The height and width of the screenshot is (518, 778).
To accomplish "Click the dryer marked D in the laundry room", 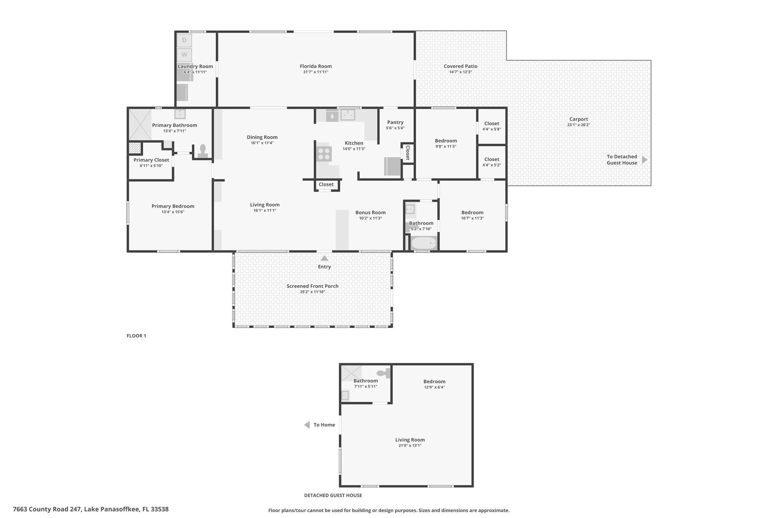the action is point(184,40).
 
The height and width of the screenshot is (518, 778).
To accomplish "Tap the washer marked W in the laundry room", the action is point(184,55).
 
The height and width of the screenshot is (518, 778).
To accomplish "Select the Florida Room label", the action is point(316,66).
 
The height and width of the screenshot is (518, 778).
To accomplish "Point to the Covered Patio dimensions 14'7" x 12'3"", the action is point(460,72).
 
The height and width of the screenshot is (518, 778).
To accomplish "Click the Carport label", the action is point(579,119).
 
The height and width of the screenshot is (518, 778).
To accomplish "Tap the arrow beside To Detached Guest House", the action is point(644,160).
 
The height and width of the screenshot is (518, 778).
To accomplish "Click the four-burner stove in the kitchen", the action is point(324,154).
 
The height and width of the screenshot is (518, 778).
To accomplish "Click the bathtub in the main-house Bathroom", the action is point(424,243).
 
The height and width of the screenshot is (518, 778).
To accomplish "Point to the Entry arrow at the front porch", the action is point(324,258).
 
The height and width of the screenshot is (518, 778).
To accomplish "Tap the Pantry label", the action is point(395,122).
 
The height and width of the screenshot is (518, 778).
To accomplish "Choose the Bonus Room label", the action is point(370,213).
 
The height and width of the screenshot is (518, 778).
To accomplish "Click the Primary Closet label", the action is point(151,160).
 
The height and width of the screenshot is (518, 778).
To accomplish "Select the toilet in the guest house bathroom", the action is point(384,373).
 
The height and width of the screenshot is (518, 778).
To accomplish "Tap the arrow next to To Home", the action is point(307,425).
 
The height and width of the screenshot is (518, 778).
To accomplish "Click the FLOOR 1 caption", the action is point(136,336).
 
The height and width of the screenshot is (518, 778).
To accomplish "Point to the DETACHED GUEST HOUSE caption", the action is point(333,495).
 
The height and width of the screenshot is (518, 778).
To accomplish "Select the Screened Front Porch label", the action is point(313,286).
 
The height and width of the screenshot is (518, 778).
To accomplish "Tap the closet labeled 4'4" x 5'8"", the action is point(492,126).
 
